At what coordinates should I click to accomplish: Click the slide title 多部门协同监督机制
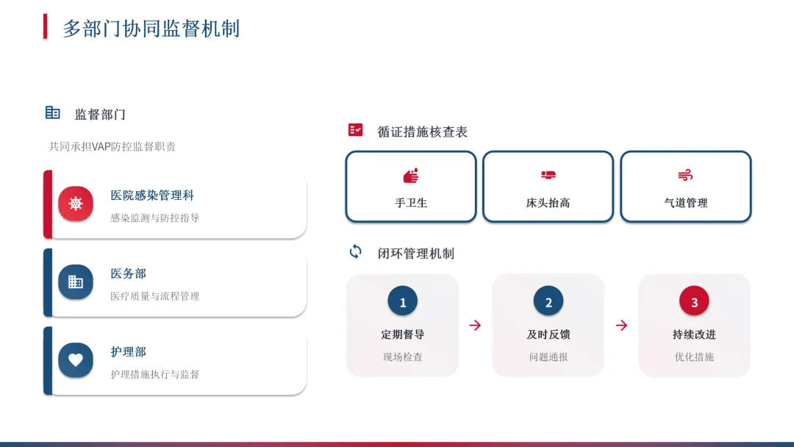point(151,29)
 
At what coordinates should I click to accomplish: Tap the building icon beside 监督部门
point(52,112)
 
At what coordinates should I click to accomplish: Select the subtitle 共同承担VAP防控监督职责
point(112,146)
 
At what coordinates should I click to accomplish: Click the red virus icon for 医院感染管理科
point(76,204)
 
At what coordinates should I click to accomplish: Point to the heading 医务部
point(129,273)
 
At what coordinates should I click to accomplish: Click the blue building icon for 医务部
point(76,282)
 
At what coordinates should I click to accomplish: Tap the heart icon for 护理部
point(76,360)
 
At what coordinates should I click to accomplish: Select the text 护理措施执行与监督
point(154,374)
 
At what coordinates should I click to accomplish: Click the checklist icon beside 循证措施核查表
point(356,130)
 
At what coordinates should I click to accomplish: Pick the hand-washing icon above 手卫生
point(411,176)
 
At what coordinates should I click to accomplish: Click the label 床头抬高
point(548,203)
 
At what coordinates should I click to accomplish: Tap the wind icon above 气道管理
point(685,176)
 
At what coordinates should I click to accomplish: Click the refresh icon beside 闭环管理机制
point(356,251)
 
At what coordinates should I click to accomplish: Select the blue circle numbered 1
point(402,301)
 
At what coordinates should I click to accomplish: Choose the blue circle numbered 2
point(548,301)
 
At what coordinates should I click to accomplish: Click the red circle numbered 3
point(694,301)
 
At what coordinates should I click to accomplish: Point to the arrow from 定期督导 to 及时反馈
point(475,325)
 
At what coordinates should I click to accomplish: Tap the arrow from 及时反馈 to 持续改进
point(621,325)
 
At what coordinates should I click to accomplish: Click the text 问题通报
point(548,357)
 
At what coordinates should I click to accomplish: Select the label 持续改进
point(694,335)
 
